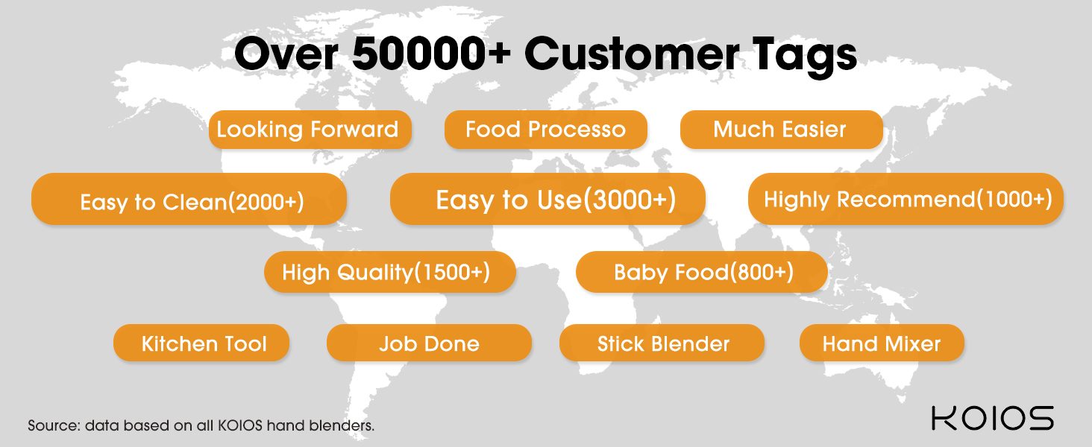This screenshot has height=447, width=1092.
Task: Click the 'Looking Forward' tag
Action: click(310, 130)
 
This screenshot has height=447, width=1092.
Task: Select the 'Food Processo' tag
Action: click(545, 130)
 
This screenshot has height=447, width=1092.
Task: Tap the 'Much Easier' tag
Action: click(782, 130)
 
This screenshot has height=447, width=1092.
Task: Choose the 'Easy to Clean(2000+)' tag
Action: click(189, 199)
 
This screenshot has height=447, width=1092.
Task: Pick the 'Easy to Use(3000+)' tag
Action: click(547, 199)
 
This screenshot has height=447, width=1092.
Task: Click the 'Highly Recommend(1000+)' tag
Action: click(906, 199)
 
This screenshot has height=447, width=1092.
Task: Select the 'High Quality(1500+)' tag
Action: click(390, 272)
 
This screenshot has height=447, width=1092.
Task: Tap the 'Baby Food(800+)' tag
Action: click(701, 272)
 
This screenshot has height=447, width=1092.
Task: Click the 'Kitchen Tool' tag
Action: click(201, 343)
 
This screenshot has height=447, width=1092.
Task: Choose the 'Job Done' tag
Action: click(429, 343)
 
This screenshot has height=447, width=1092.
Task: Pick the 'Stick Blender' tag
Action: click(662, 343)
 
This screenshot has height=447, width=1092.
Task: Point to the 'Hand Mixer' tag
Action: click(882, 343)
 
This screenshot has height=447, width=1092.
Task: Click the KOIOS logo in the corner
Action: click(993, 418)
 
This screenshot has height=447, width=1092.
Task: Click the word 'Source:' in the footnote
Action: click(54, 425)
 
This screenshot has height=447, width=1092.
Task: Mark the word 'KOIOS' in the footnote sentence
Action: click(240, 425)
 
